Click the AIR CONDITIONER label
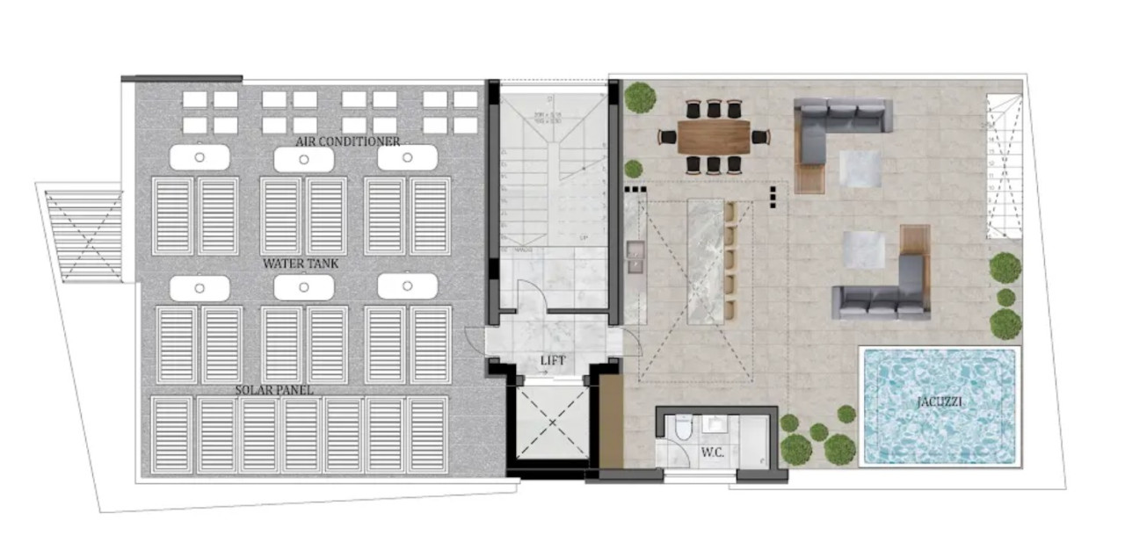pos(347,141)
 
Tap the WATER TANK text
pos(301,264)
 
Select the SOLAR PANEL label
pos(274,389)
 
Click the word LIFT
pos(553,360)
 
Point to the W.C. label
pos(711,454)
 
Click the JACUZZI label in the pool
pos(938,402)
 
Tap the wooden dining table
pos(714,136)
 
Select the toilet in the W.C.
pos(683,430)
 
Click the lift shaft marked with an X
pos(553,423)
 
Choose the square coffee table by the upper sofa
pos(858,167)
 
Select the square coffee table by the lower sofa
pos(863,249)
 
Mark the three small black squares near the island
pos(774,196)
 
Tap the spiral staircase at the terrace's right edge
pos(1003,166)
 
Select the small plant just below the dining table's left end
pos(633,169)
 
